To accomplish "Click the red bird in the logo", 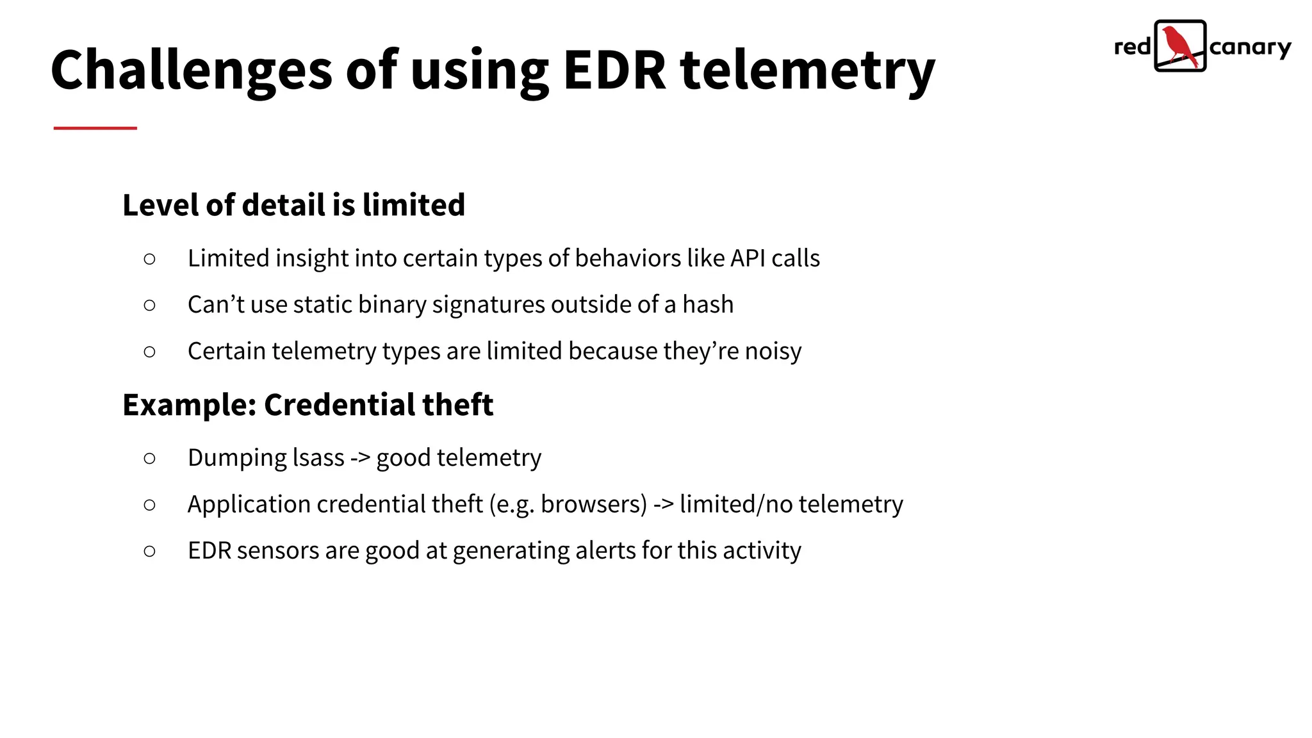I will [x=1179, y=45].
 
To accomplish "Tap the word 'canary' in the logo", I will [x=1250, y=48].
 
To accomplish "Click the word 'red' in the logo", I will [x=1132, y=47].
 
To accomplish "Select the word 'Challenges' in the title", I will [x=192, y=70].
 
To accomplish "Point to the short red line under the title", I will [x=95, y=128].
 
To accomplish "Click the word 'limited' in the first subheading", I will [x=413, y=205].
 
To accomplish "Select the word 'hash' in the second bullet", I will [x=707, y=304].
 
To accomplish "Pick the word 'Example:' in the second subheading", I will [x=190, y=405].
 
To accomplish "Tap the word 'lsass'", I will [x=318, y=457].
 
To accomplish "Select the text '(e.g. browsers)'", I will [x=568, y=504].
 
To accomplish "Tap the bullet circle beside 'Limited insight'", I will [x=150, y=259].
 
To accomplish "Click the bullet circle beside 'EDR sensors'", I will [x=150, y=551].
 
